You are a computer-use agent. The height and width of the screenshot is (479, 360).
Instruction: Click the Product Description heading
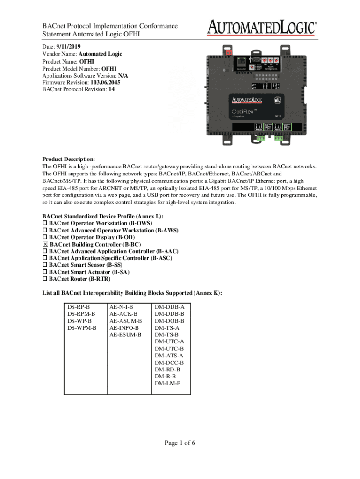pos(68,159)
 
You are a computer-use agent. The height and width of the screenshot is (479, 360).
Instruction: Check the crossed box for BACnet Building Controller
pos(45,245)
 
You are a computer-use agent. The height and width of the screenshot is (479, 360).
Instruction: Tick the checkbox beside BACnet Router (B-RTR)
pos(45,279)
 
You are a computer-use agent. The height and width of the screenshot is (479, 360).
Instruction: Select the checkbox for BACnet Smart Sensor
pos(45,265)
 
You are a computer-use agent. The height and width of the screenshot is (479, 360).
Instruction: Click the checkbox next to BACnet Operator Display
pos(45,238)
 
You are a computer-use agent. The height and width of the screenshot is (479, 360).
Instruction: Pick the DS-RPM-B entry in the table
pos(81,314)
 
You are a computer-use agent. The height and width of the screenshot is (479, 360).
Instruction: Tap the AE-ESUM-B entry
pos(125,334)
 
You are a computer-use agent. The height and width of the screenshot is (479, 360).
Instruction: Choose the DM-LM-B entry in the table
pos(167,383)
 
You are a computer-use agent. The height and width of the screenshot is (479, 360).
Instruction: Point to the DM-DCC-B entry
pos(169,363)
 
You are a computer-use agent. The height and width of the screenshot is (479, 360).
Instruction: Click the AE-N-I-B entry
pos(121,307)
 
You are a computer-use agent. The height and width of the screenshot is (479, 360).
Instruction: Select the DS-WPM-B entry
pos(82,328)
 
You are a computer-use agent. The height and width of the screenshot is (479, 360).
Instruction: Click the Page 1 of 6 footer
pos(180,443)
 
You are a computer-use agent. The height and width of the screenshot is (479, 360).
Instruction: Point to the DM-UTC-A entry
pos(169,341)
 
